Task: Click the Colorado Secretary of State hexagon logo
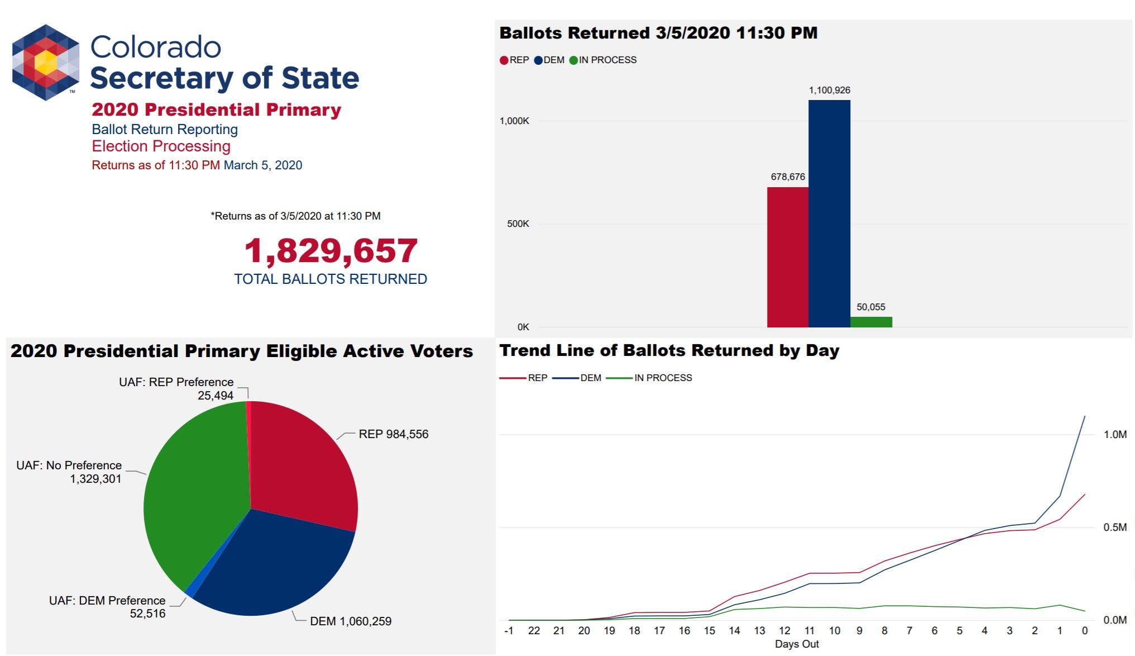[46, 62]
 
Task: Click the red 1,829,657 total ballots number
[331, 250]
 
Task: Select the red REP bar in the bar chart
[787, 257]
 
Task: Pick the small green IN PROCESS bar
[871, 322]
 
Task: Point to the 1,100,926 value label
[830, 90]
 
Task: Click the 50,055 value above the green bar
[871, 307]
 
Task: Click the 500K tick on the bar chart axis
[518, 224]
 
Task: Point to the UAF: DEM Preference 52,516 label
[107, 607]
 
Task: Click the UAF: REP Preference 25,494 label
[176, 388]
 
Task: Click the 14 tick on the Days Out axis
[734, 631]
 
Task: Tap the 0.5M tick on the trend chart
[1115, 527]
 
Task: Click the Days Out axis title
[797, 644]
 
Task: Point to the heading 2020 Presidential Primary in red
[216, 110]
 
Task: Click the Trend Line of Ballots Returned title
[669, 350]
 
